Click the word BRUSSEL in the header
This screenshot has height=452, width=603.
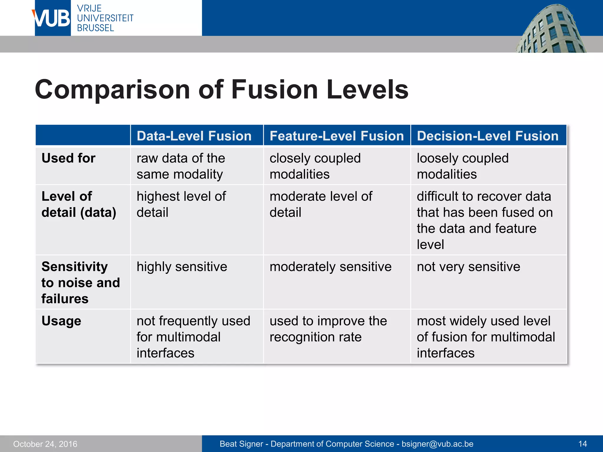click(95, 28)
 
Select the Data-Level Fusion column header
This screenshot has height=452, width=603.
click(194, 136)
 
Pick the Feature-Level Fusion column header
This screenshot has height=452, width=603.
click(337, 136)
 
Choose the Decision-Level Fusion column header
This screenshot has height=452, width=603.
click(488, 136)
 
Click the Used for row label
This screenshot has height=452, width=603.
click(69, 158)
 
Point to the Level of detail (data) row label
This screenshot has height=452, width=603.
click(79, 204)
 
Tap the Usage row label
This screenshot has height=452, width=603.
click(61, 321)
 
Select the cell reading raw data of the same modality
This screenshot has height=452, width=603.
click(180, 166)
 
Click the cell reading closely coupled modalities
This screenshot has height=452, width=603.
click(315, 166)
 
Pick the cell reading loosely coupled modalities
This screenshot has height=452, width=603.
click(462, 166)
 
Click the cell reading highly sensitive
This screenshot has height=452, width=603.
click(182, 267)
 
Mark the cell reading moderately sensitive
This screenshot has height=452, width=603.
click(330, 267)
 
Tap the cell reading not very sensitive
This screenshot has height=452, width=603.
click(468, 267)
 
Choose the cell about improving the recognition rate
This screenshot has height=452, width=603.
click(328, 329)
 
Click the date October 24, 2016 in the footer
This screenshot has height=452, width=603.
click(45, 444)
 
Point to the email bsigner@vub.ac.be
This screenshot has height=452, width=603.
click(437, 444)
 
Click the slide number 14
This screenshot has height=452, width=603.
click(582, 444)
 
